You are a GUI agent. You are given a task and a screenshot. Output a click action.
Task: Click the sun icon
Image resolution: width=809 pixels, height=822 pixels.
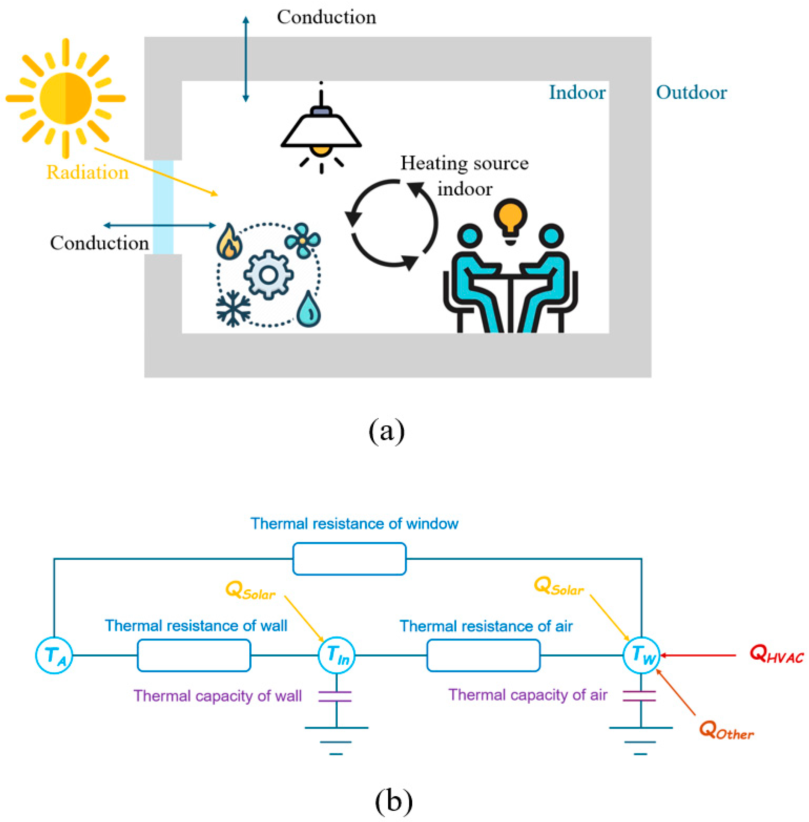pos(66,99)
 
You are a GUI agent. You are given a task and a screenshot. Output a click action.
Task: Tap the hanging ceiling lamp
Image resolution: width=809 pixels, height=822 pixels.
pos(321,127)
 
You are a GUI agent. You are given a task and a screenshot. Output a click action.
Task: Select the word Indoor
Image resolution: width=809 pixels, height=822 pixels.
pos(577,93)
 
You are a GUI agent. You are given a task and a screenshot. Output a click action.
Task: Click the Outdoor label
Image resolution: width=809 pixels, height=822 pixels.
pos(691,93)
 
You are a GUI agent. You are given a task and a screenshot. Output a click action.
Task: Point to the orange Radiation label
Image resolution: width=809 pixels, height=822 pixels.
pos(87,172)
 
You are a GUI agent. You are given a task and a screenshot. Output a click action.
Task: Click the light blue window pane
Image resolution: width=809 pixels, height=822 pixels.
pos(163,207)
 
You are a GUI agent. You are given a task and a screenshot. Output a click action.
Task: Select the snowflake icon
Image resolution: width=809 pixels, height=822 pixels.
pos(233,309)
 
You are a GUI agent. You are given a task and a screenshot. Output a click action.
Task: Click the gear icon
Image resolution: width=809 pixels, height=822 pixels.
pos(268,275)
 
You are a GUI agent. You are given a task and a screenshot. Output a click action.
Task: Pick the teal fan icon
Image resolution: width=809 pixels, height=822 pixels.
pos(302,240)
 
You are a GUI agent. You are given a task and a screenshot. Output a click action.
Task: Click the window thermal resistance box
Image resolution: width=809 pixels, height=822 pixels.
pos(349,559)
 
